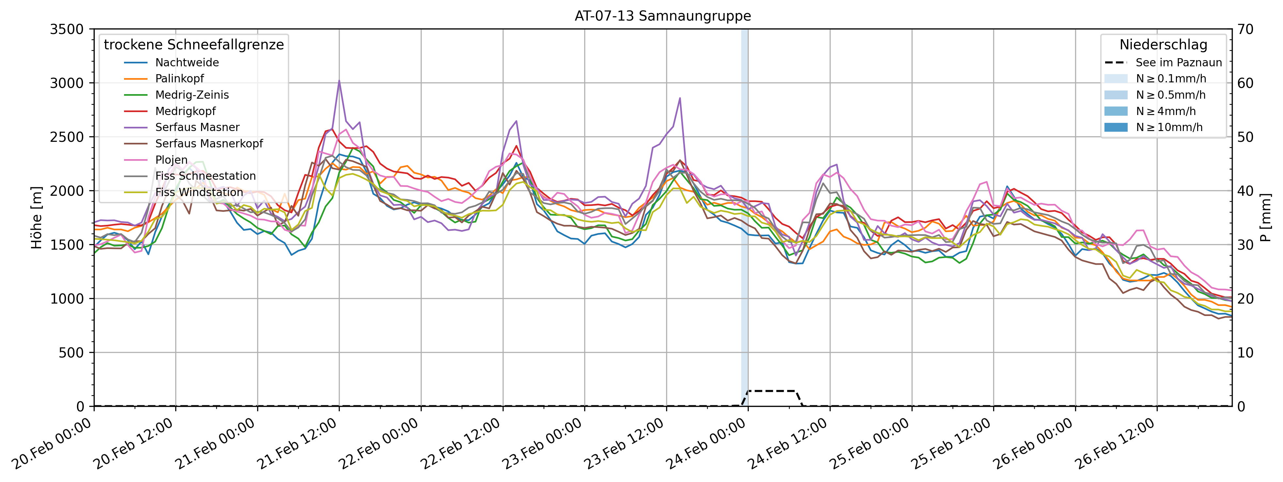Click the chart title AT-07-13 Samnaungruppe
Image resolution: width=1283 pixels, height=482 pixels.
point(663,16)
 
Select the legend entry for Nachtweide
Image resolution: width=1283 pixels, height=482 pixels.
point(187,63)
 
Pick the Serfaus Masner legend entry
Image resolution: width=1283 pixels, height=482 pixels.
point(197,127)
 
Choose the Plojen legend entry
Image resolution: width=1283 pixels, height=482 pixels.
point(171,160)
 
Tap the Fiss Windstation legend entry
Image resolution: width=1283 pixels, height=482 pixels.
point(199,192)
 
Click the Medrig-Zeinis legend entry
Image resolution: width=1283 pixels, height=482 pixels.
point(192,95)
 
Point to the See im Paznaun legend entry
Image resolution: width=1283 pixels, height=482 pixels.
point(1179,63)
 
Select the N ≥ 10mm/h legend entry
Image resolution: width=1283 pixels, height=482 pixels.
point(1169,127)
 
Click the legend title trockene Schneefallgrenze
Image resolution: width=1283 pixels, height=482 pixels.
point(194,45)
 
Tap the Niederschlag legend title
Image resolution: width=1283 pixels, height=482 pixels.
point(1163,45)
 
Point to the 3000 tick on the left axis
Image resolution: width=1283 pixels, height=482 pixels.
point(67,83)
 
